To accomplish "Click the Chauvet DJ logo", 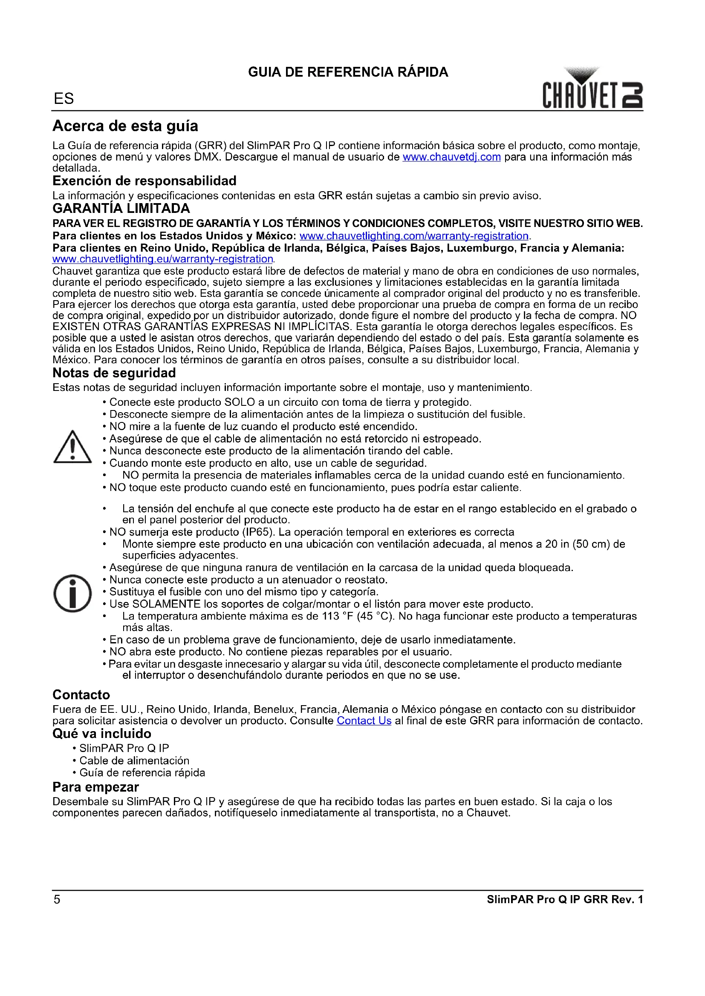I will point(592,89).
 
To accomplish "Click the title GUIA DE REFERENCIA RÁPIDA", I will point(348,72).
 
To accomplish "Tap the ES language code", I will point(64,99).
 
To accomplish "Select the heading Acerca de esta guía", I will point(125,126).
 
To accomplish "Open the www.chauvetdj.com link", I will point(451,157).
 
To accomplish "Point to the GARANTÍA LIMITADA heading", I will point(121,209).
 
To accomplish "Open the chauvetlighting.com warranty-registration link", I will point(414,236).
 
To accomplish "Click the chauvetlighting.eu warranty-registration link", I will point(163,259).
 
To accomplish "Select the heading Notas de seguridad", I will point(114,373).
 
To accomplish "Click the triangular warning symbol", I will point(72,447).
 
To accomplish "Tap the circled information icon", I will point(72,593).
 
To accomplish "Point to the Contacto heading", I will point(81,695).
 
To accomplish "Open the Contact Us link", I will point(364,720).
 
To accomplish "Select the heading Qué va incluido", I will point(101,734).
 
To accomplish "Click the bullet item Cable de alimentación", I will point(134,761).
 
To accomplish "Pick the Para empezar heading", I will point(95,787).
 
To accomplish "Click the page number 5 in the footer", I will point(57,899).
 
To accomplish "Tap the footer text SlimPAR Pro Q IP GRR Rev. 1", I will point(564,899).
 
